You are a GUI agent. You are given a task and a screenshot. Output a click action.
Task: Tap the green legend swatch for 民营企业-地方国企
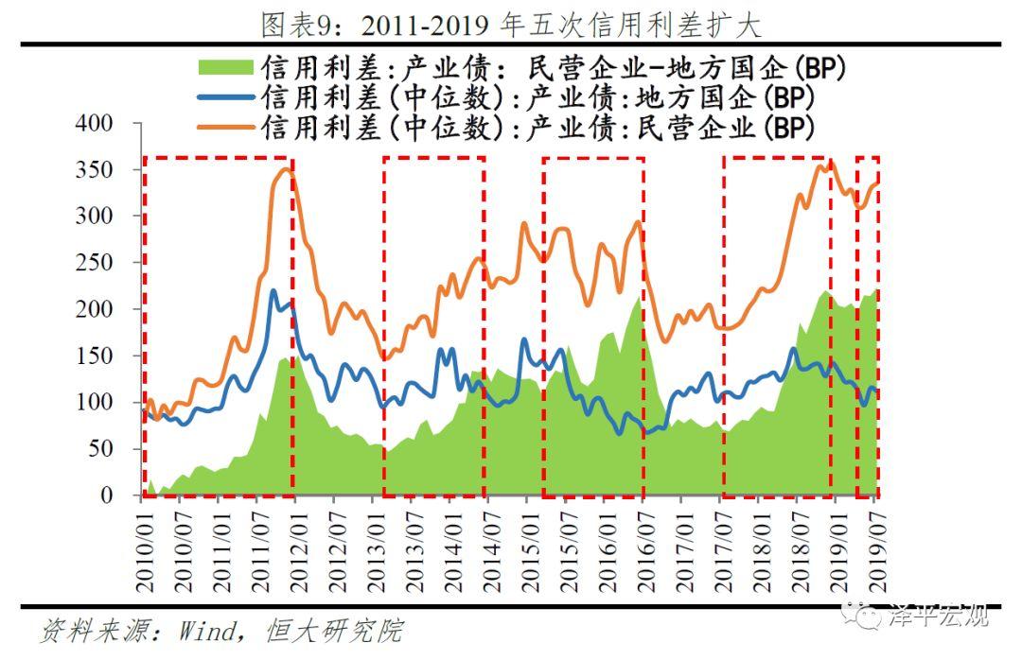(225, 67)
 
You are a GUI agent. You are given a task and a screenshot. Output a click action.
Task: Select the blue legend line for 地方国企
(225, 97)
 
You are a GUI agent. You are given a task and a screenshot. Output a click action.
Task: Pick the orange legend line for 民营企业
(225, 128)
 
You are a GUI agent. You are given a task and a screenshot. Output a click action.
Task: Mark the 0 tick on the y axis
(107, 495)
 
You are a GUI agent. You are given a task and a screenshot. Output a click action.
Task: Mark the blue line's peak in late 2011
(273, 291)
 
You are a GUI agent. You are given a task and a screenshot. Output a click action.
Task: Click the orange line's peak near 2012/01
(287, 169)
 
